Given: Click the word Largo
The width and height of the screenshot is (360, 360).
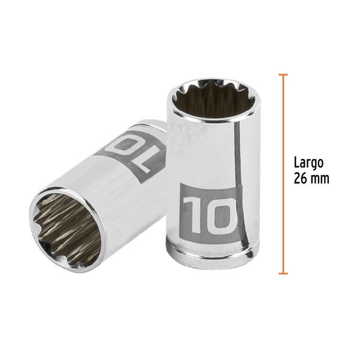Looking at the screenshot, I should click(x=309, y=162).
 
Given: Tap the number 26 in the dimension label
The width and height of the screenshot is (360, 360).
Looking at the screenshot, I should click(x=301, y=178).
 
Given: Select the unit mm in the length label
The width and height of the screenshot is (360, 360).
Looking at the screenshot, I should click(x=321, y=178).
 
